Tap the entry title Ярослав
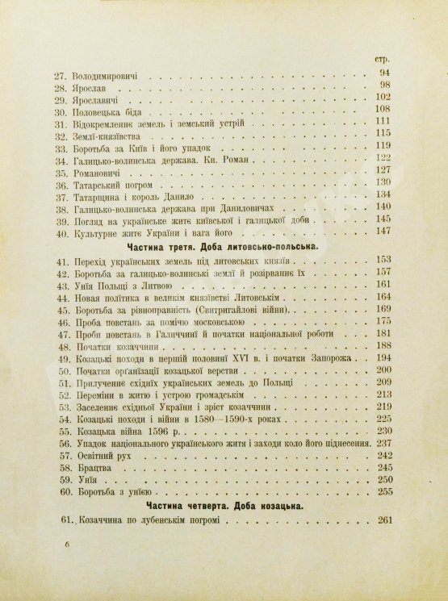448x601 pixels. coord(102,86)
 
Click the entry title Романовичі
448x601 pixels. coord(109,172)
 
